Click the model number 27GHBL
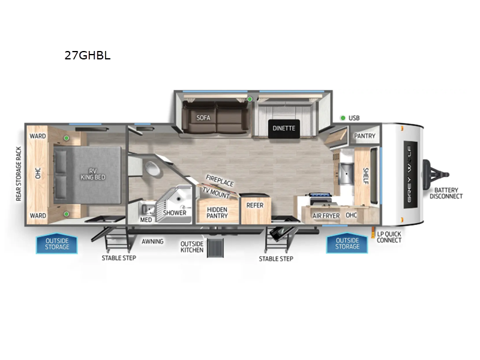pos(88,56)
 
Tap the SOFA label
pos(202,118)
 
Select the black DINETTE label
pos(284,128)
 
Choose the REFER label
pos(255,205)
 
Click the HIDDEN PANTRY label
pos(217,214)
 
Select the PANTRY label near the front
pos(365,136)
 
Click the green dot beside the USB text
pos(342,118)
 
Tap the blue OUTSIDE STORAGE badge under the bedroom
pos(58,244)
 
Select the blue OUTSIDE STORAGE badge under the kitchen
pos(347,244)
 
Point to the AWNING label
pos(153,242)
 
